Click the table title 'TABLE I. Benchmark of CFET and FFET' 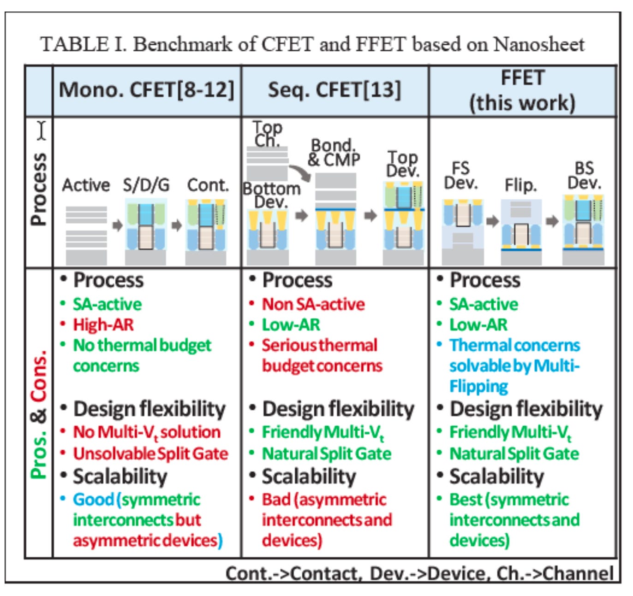[x=312, y=45]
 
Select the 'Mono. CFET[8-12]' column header [x=147, y=89]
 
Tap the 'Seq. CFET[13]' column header [x=334, y=89]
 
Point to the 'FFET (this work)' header [x=522, y=90]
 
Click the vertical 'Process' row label [x=39, y=189]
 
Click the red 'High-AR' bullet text [x=103, y=325]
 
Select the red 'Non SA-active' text [x=313, y=304]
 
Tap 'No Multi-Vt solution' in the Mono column [x=147, y=432]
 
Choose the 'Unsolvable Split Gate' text [x=150, y=453]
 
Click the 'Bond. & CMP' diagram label [x=334, y=153]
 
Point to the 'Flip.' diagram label [x=521, y=185]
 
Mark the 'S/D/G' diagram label [x=146, y=185]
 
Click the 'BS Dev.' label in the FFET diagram [x=584, y=175]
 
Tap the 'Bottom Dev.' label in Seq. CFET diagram [x=272, y=195]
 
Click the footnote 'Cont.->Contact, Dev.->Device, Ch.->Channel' [x=419, y=573]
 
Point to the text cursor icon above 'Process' [x=42, y=130]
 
